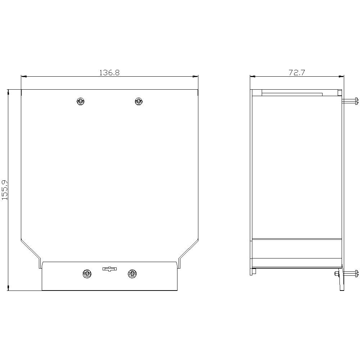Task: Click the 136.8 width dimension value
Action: tap(109, 73)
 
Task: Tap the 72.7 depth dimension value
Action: tap(297, 73)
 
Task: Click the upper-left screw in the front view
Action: tap(80, 101)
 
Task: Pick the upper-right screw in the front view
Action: tap(139, 101)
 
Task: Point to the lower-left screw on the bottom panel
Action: tap(87, 274)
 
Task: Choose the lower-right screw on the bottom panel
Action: tap(132, 274)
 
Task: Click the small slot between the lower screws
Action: tap(109, 269)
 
